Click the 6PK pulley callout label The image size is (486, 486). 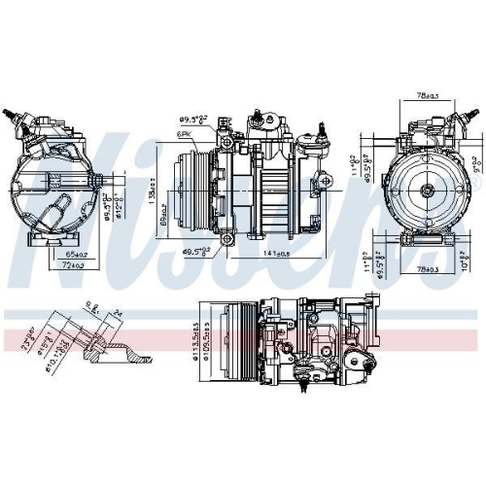pos(182,132)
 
